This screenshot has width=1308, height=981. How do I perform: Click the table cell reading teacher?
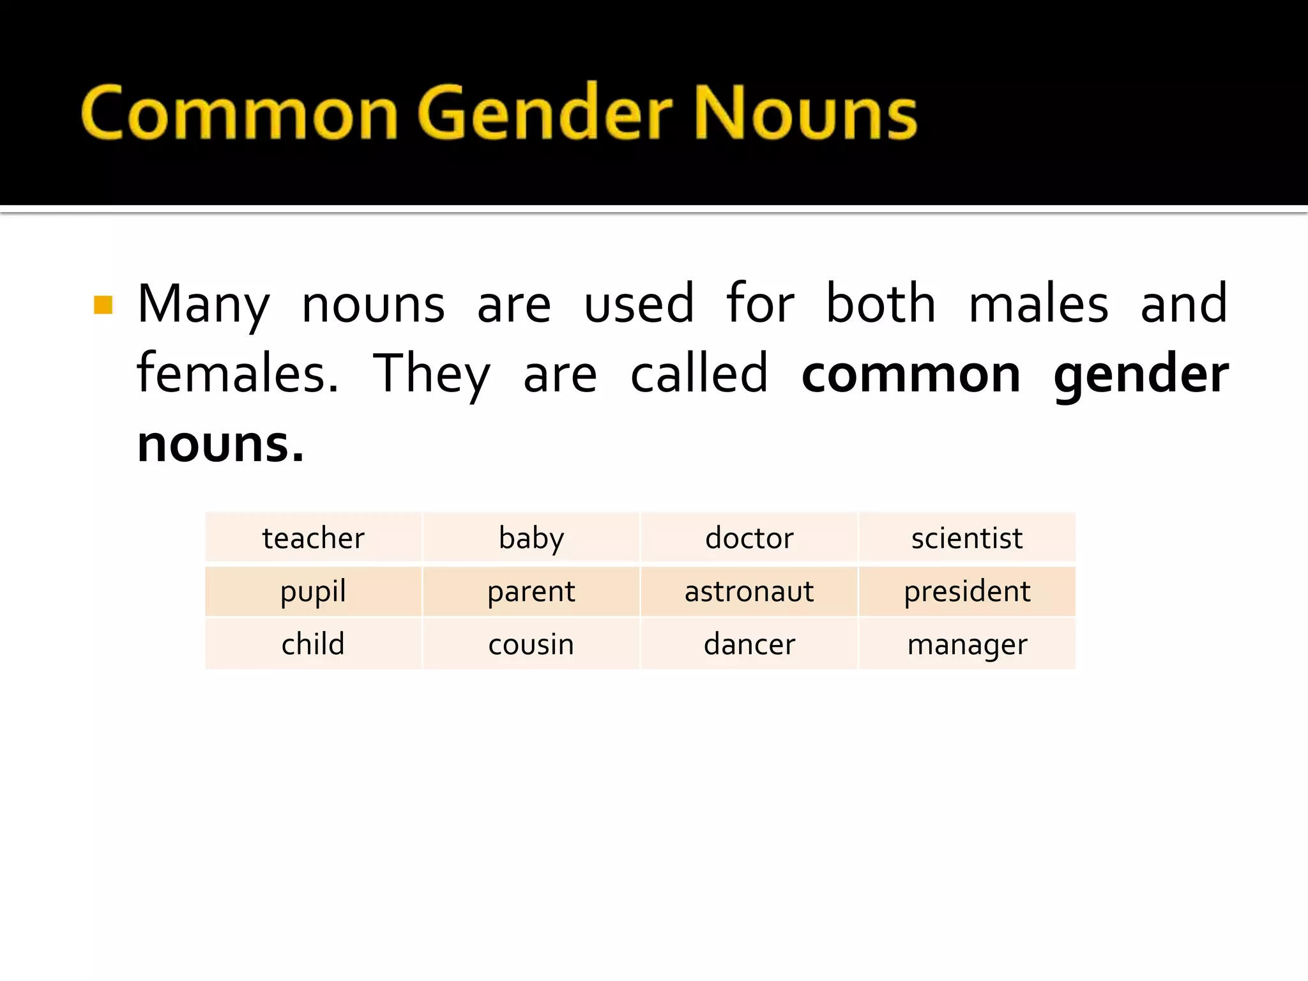point(313,538)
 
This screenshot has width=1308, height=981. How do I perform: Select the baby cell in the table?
point(531,538)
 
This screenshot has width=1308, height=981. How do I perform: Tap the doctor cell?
point(749,538)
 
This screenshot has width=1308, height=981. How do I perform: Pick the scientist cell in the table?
point(967,538)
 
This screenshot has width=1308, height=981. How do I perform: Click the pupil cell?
point(313,591)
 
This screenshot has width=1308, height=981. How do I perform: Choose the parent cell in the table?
point(531,591)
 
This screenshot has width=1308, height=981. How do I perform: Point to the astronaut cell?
point(749,591)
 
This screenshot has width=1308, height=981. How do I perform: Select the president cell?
point(967,591)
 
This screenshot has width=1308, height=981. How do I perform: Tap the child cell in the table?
point(313,644)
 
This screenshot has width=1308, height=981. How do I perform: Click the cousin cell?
point(531,644)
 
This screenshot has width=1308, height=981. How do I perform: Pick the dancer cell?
point(749,644)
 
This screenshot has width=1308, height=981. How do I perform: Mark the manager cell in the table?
point(967,644)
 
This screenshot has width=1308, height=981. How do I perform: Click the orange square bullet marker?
point(103,305)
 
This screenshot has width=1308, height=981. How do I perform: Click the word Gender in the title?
point(546,114)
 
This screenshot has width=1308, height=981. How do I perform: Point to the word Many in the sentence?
point(204,305)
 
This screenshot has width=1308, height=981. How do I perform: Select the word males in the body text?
point(1038,304)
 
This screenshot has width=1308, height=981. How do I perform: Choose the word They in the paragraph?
point(432,375)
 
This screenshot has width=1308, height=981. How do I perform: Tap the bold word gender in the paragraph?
point(1141,376)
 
